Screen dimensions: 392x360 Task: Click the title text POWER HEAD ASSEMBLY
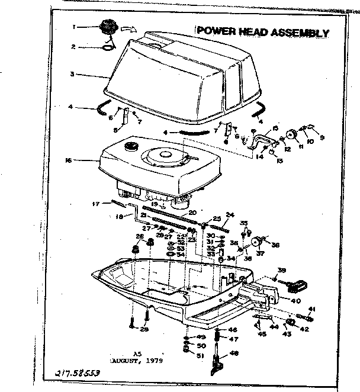tap(262, 32)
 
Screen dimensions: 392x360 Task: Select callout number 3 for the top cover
tap(71, 75)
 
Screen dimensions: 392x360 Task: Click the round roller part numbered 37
tap(257, 242)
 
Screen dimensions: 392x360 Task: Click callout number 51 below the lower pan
tap(200, 356)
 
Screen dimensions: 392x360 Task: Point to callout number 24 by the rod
tap(230, 214)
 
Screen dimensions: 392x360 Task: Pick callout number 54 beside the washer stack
tap(181, 254)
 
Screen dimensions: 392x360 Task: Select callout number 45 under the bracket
tap(262, 333)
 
